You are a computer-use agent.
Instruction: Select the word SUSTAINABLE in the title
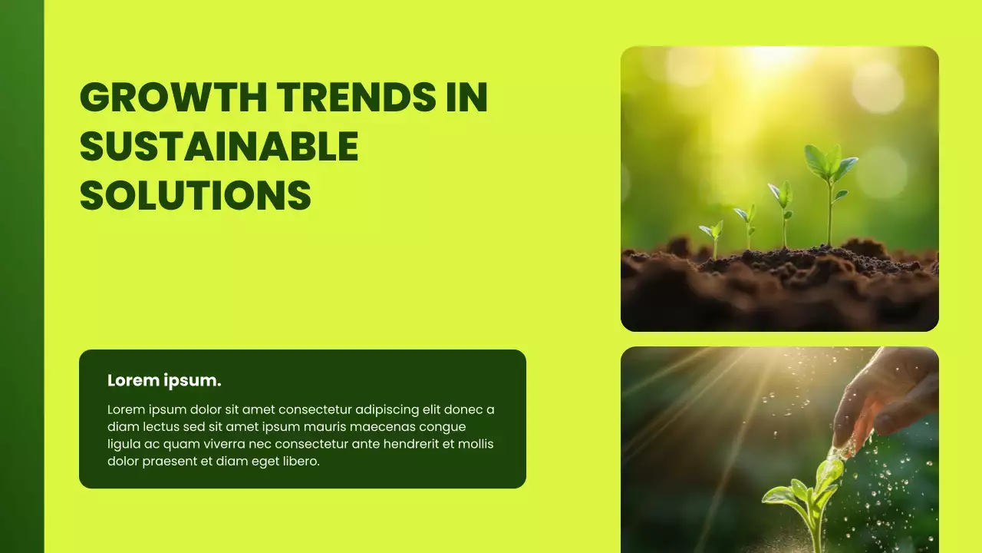(x=219, y=147)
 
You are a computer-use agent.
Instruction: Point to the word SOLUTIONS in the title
(x=196, y=195)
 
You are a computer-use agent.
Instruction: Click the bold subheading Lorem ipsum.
(x=164, y=380)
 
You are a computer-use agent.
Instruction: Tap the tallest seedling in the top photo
(x=829, y=192)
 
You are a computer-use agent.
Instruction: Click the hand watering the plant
(x=890, y=392)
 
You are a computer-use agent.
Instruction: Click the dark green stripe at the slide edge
(x=21, y=276)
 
